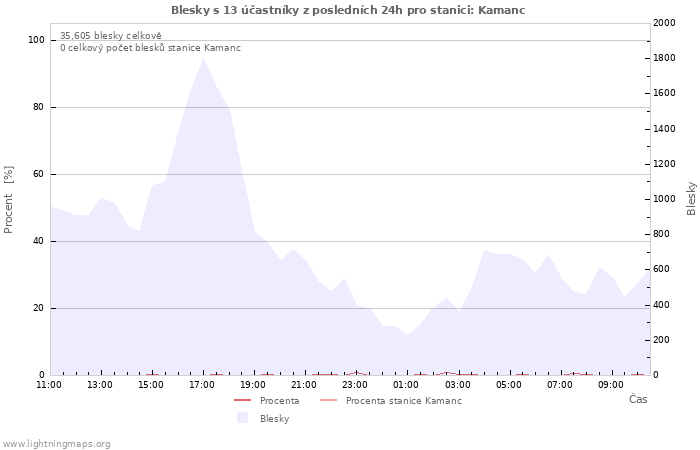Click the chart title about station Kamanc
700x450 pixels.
(348, 10)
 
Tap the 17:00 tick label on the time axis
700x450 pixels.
(202, 385)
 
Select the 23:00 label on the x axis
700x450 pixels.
(355, 385)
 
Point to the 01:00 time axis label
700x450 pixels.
(406, 385)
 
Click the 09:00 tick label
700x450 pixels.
(610, 385)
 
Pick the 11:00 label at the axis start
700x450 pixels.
(49, 385)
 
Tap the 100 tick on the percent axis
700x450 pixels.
(36, 40)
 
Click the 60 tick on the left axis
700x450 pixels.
(38, 174)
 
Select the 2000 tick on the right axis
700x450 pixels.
(664, 23)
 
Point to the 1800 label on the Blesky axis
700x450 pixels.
(664, 58)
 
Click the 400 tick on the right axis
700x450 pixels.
(661, 305)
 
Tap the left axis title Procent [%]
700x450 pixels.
(8, 200)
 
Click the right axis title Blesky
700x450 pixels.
(691, 199)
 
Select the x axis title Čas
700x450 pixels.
(638, 399)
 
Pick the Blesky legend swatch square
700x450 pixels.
(242, 418)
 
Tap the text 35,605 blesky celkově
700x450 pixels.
(111, 36)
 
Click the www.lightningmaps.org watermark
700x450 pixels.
(56, 444)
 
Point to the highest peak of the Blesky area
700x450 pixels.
(204, 58)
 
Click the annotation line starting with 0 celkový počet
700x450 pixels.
(150, 48)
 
